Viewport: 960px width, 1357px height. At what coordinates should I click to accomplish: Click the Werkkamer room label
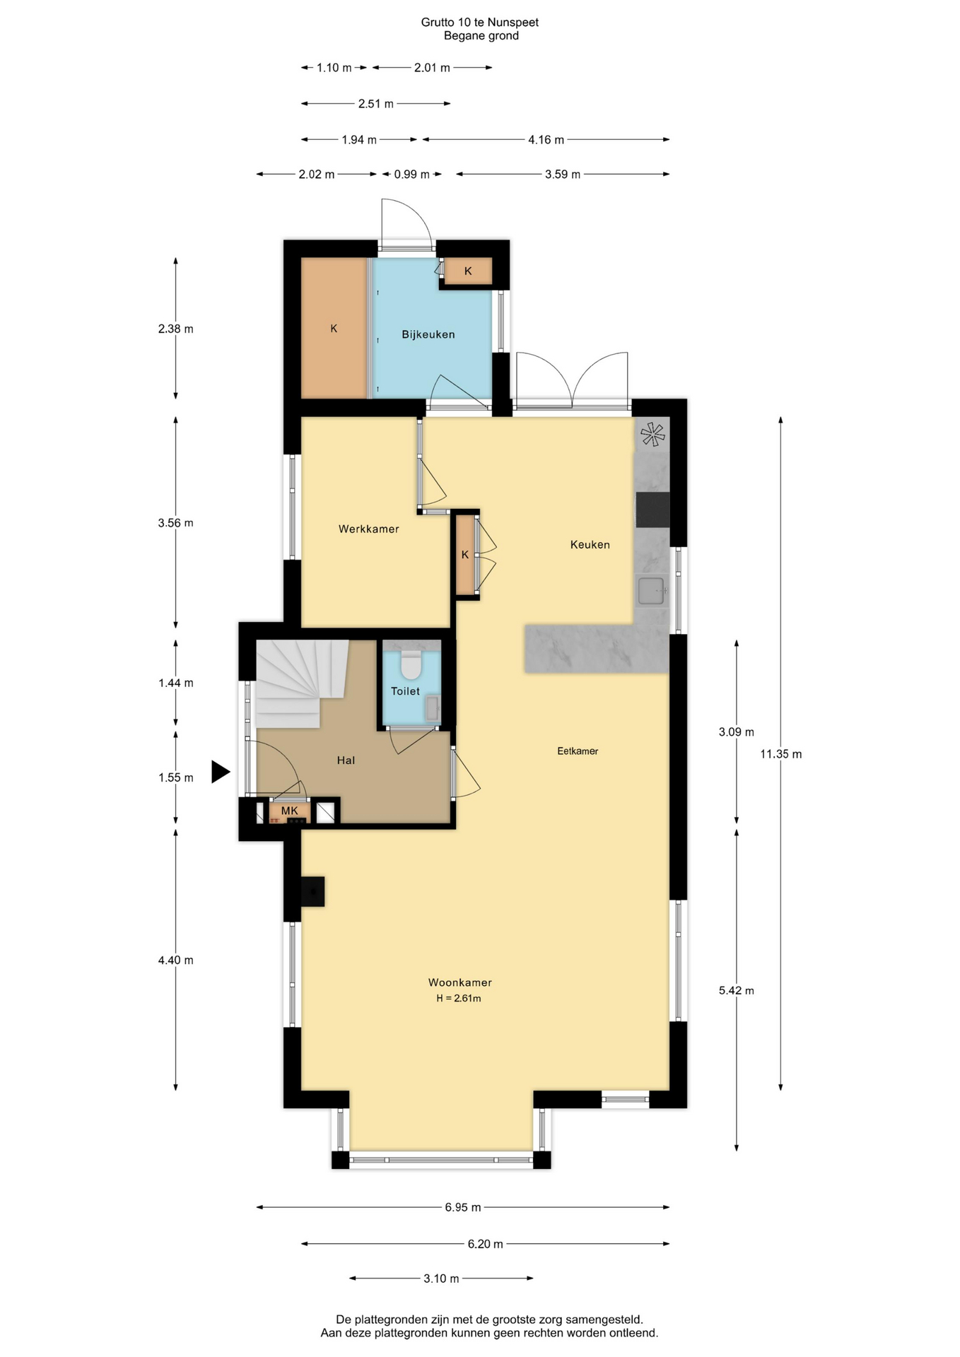point(368,529)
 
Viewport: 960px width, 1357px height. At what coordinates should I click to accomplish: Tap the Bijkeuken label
point(428,334)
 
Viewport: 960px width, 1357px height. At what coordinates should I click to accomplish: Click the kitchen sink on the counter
point(651,591)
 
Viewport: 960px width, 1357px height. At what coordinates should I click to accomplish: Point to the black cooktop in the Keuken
point(652,510)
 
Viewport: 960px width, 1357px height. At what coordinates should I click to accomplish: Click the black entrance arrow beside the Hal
point(221,771)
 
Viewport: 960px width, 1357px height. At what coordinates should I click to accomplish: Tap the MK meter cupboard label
point(290,811)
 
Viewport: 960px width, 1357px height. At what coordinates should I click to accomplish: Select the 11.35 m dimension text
point(780,754)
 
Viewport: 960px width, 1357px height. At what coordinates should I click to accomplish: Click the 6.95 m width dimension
point(463,1207)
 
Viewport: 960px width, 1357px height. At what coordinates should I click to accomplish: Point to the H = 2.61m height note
point(459,998)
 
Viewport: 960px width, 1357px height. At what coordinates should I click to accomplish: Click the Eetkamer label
point(578,751)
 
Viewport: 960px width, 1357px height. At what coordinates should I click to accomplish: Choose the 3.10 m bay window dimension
point(441,1278)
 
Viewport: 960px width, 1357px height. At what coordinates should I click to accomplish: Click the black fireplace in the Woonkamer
point(312,891)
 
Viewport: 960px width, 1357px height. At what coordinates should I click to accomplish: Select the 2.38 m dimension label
point(175,329)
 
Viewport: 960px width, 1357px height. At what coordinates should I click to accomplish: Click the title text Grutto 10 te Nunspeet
point(480,22)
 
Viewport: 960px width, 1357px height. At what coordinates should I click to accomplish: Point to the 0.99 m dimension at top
point(412,174)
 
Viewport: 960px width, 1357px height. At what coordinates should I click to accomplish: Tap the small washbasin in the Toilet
point(432,707)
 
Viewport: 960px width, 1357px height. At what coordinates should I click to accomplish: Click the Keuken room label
point(590,544)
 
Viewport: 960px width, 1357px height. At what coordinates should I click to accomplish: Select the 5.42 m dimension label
point(737,990)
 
